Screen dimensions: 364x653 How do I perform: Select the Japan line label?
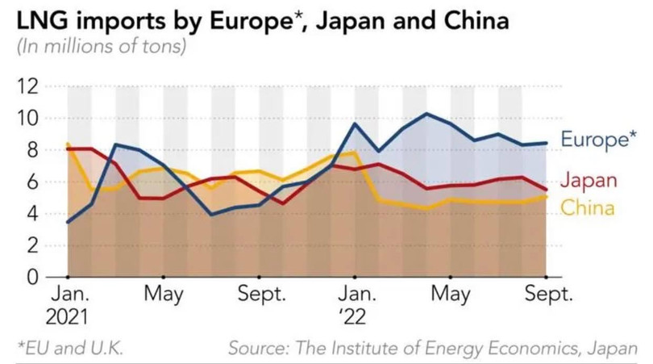coord(588,180)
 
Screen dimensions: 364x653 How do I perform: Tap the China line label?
coord(588,207)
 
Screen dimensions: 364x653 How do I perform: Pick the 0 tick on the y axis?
coord(36,277)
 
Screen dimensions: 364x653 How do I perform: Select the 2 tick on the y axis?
coord(36,245)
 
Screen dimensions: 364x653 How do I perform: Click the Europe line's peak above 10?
coord(427,114)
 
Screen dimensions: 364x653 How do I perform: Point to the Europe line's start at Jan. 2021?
coord(68,221)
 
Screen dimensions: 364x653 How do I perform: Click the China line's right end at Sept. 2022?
coord(547,196)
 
